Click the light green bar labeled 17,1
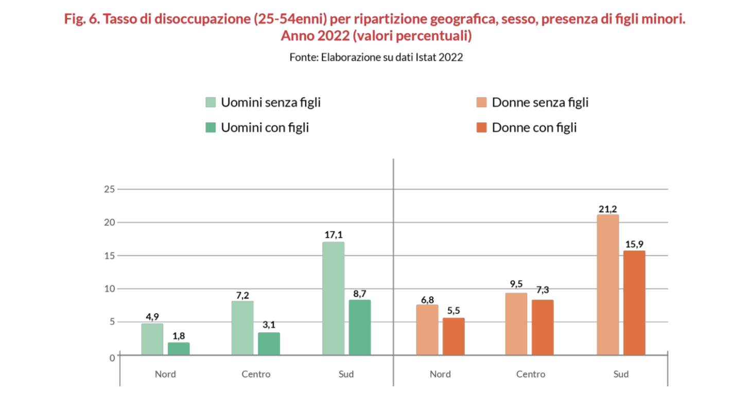[333, 298]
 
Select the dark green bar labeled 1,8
[179, 349]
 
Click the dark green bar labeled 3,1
[269, 344]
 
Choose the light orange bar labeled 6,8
[427, 330]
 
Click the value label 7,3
[542, 291]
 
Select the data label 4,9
[152, 316]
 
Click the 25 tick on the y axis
[109, 189]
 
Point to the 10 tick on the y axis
[109, 289]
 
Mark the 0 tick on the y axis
[112, 357]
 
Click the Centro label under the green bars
[256, 374]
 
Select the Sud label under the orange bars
[621, 374]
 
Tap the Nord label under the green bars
[165, 374]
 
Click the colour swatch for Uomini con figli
[210, 128]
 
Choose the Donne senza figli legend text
[540, 102]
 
